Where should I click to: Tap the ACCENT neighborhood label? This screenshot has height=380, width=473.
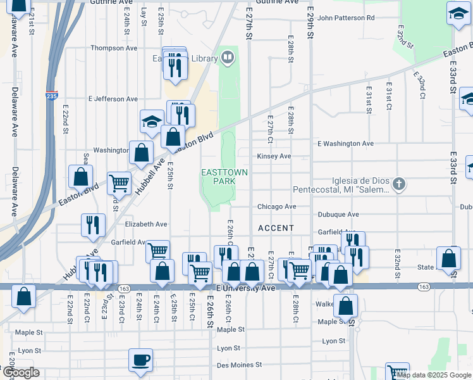coord(276,228)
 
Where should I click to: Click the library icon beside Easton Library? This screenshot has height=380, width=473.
coord(227,59)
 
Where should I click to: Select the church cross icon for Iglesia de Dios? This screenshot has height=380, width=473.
coord(398,185)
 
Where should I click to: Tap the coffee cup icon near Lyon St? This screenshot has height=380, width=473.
coord(140,360)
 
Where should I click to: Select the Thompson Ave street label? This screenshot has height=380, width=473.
coord(114,48)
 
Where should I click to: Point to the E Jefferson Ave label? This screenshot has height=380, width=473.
coord(113,99)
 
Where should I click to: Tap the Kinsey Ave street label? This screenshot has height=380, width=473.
coord(273,156)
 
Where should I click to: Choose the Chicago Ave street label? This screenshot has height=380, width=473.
coord(276,206)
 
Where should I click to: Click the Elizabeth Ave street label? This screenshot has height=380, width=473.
coord(146,224)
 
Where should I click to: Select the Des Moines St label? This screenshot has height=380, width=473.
coord(239,365)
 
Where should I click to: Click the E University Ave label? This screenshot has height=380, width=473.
coord(246,288)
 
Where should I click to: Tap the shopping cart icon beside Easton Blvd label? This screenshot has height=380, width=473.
coord(119,183)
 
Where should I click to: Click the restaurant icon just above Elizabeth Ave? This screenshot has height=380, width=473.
coord(92,224)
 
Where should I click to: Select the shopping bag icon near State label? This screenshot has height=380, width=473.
coord(448,258)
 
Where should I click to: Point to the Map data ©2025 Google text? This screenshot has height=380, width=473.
coord(433,375)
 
